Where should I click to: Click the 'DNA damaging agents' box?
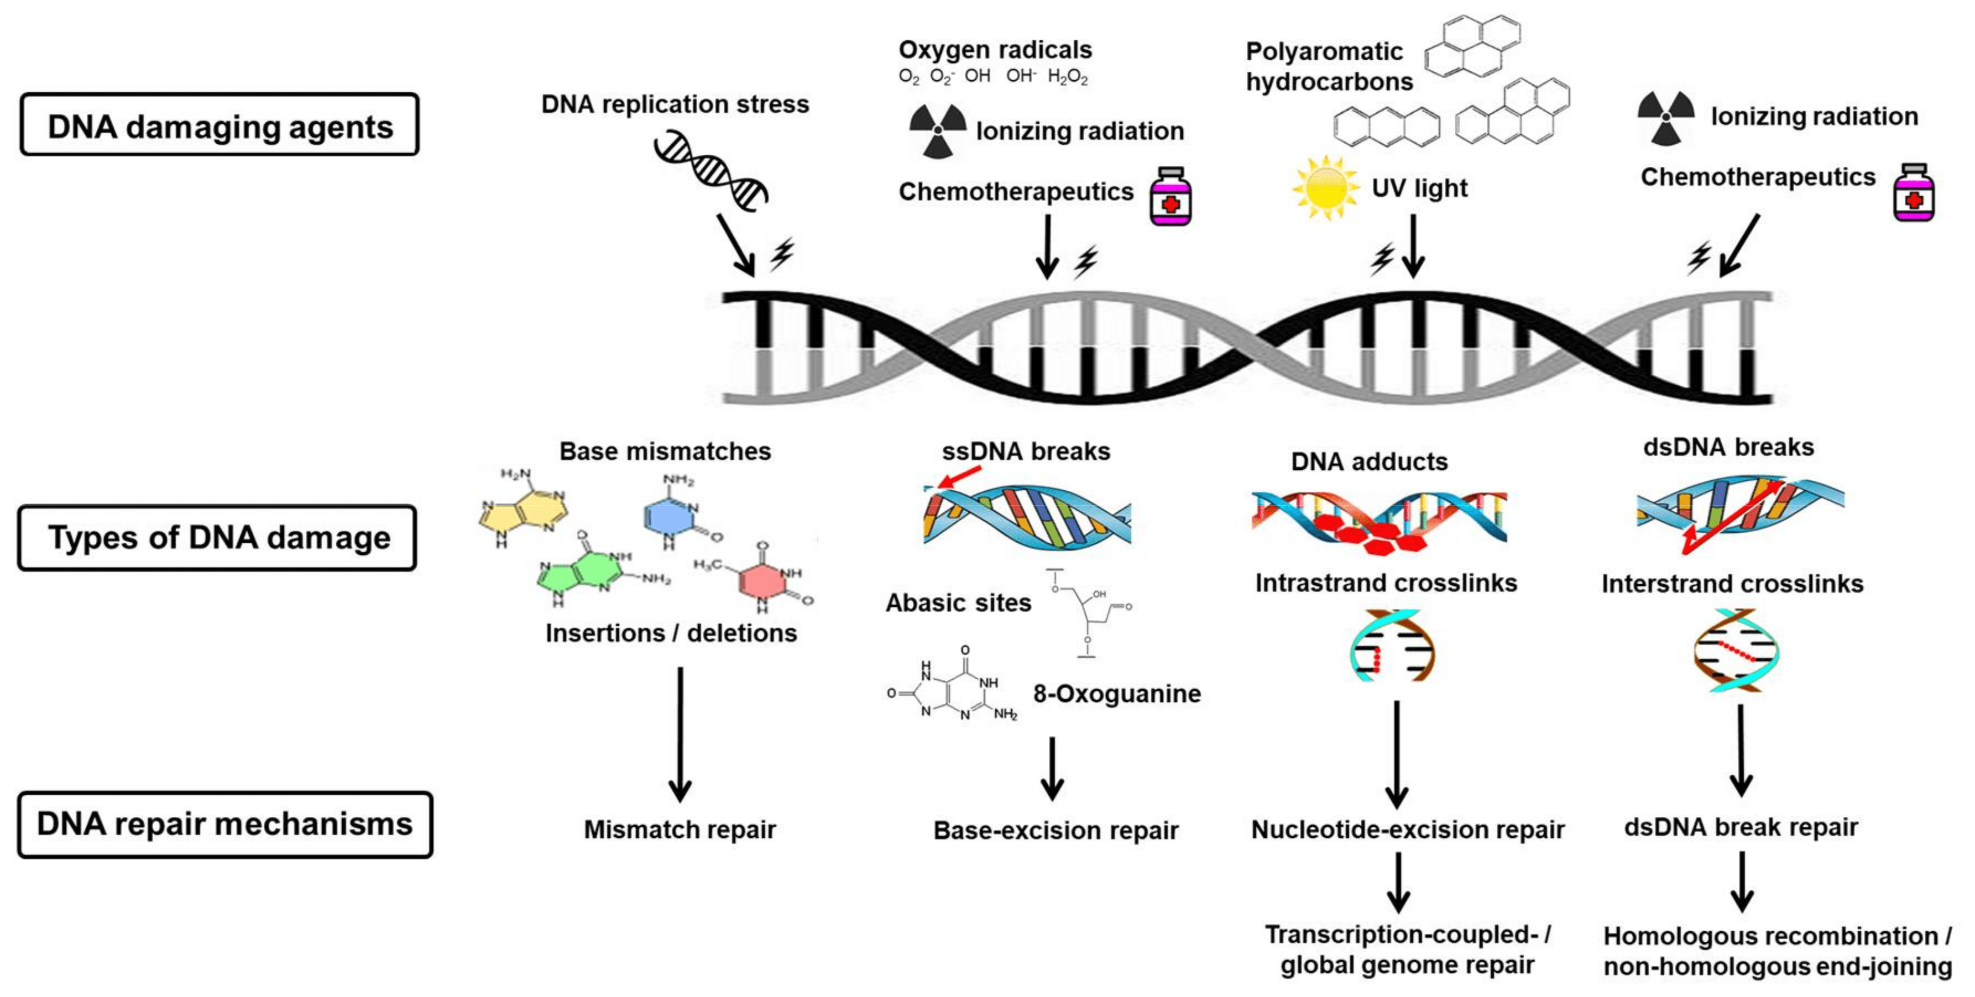point(220,125)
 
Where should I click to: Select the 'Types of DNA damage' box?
point(218,537)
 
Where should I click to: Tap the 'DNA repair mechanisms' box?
point(224,825)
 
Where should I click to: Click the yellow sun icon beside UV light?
point(1324,188)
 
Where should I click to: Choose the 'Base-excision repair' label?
point(1055,830)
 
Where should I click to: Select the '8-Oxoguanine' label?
point(1116,694)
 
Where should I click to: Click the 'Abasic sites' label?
point(958,603)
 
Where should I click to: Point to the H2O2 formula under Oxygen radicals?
point(1067,77)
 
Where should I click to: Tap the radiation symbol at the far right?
point(1665,117)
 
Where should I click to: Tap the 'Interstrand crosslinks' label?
point(1732,584)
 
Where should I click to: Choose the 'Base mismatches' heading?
point(665,452)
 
